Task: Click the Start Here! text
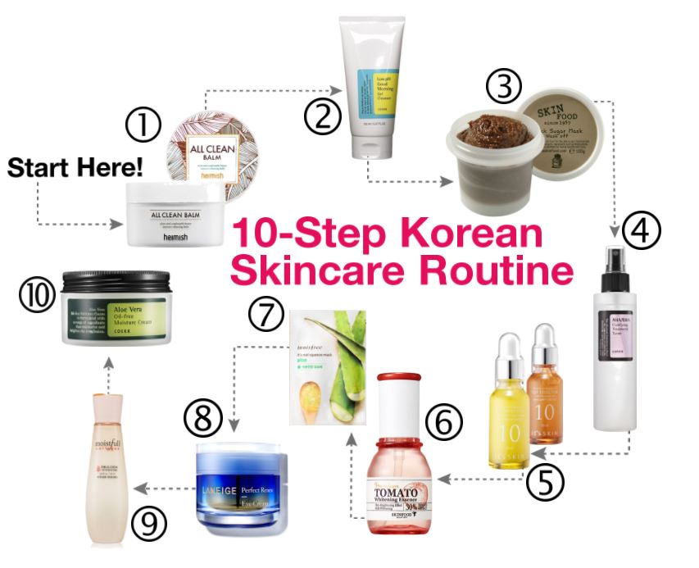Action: click(75, 168)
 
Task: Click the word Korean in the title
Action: click(470, 234)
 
